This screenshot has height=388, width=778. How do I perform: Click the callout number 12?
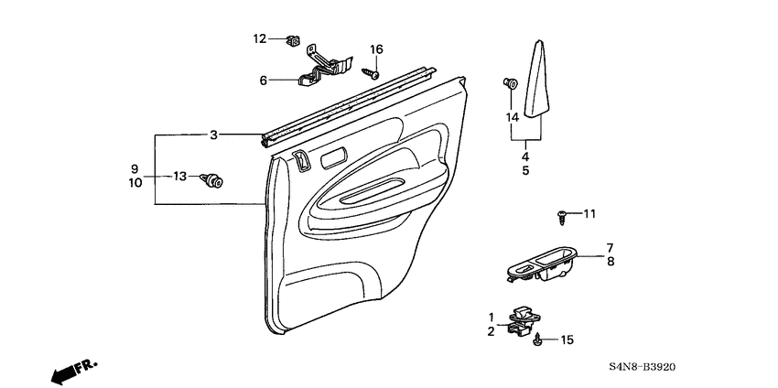[x=260, y=38]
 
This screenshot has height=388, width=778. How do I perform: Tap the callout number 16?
[x=376, y=49]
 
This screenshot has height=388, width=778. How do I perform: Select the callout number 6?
[x=264, y=81]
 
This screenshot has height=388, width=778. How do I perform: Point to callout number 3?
[x=213, y=135]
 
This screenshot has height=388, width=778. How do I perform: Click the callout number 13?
[x=180, y=176]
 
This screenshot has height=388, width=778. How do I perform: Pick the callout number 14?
[x=513, y=117]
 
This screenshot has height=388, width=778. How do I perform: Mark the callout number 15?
[x=567, y=340]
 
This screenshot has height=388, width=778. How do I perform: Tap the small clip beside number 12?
[x=294, y=39]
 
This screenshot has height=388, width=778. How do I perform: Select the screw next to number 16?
[x=372, y=70]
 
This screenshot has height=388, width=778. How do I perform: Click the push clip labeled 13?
[x=216, y=178]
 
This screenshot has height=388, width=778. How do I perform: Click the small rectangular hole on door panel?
[x=334, y=156]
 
